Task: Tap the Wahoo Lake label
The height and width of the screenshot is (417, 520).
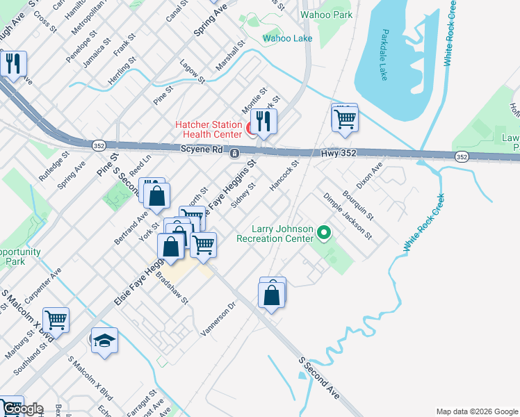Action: (x=288, y=38)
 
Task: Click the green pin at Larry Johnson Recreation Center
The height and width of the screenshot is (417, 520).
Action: (x=323, y=232)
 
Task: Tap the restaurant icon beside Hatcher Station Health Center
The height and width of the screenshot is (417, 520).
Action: (x=263, y=122)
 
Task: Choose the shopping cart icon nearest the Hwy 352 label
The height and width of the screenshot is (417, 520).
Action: (x=344, y=117)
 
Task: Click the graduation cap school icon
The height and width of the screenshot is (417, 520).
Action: (x=104, y=341)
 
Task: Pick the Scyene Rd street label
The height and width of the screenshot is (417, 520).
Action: (x=201, y=149)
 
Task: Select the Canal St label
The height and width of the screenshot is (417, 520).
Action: (x=180, y=10)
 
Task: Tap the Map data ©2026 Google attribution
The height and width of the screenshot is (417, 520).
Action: (x=476, y=411)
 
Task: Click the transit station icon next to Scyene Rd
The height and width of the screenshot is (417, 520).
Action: (x=235, y=153)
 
